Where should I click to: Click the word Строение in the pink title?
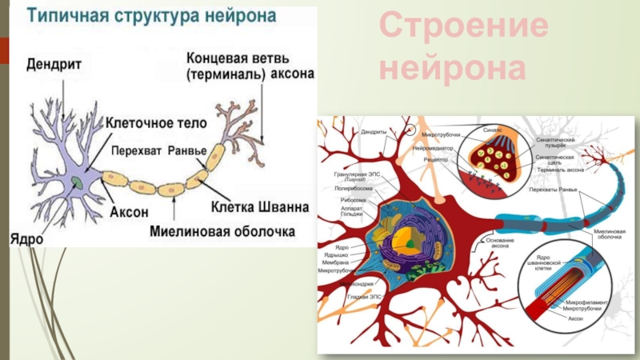[463, 30]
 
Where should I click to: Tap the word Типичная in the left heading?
[64, 15]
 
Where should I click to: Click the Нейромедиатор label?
[433, 149]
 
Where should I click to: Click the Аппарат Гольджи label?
[350, 211]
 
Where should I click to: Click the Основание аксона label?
[498, 243]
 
